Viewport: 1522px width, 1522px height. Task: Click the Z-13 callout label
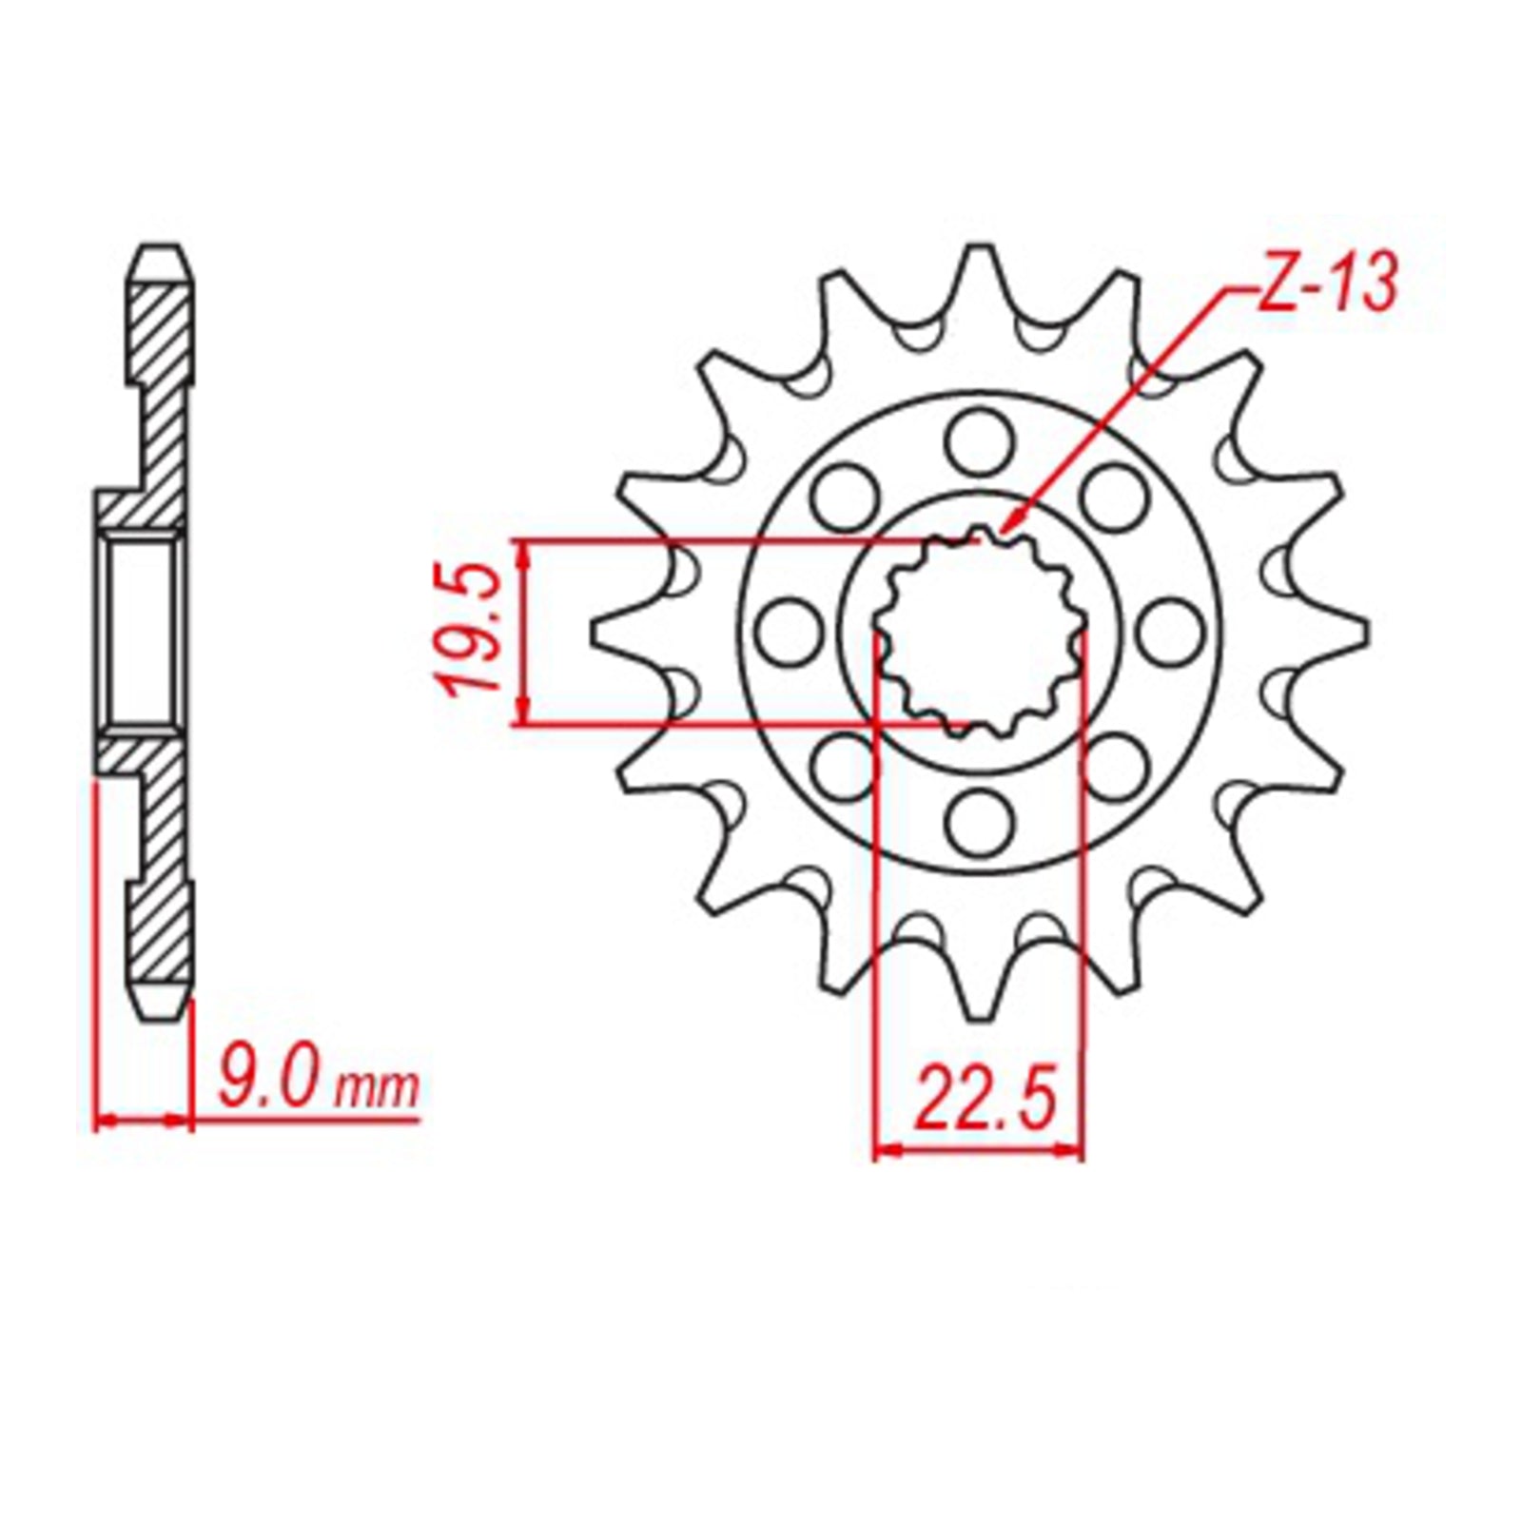pyautogui.click(x=1328, y=283)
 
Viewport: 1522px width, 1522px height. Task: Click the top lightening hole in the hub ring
pyautogui.click(x=979, y=440)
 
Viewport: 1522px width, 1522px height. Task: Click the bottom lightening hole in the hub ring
pyautogui.click(x=979, y=824)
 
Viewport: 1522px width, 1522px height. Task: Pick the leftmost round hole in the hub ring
pyautogui.click(x=789, y=633)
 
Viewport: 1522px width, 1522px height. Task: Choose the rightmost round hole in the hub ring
pyautogui.click(x=1170, y=633)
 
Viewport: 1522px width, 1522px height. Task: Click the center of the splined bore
pyautogui.click(x=979, y=633)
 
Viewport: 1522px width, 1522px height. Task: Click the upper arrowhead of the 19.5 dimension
pyautogui.click(x=522, y=552)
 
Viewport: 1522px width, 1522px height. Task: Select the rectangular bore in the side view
pyautogui.click(x=143, y=632)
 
